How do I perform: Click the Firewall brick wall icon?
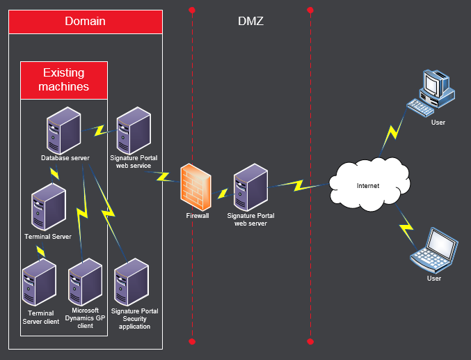coord(195,187)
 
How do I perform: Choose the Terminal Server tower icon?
coord(49,208)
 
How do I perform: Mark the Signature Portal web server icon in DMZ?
coord(250,188)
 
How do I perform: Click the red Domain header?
coord(86,22)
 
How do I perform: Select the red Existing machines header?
coord(64,80)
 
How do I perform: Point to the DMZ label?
coord(250,22)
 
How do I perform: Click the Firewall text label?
coord(197,216)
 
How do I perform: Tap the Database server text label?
coord(65,159)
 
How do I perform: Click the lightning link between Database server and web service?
coord(99,130)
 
